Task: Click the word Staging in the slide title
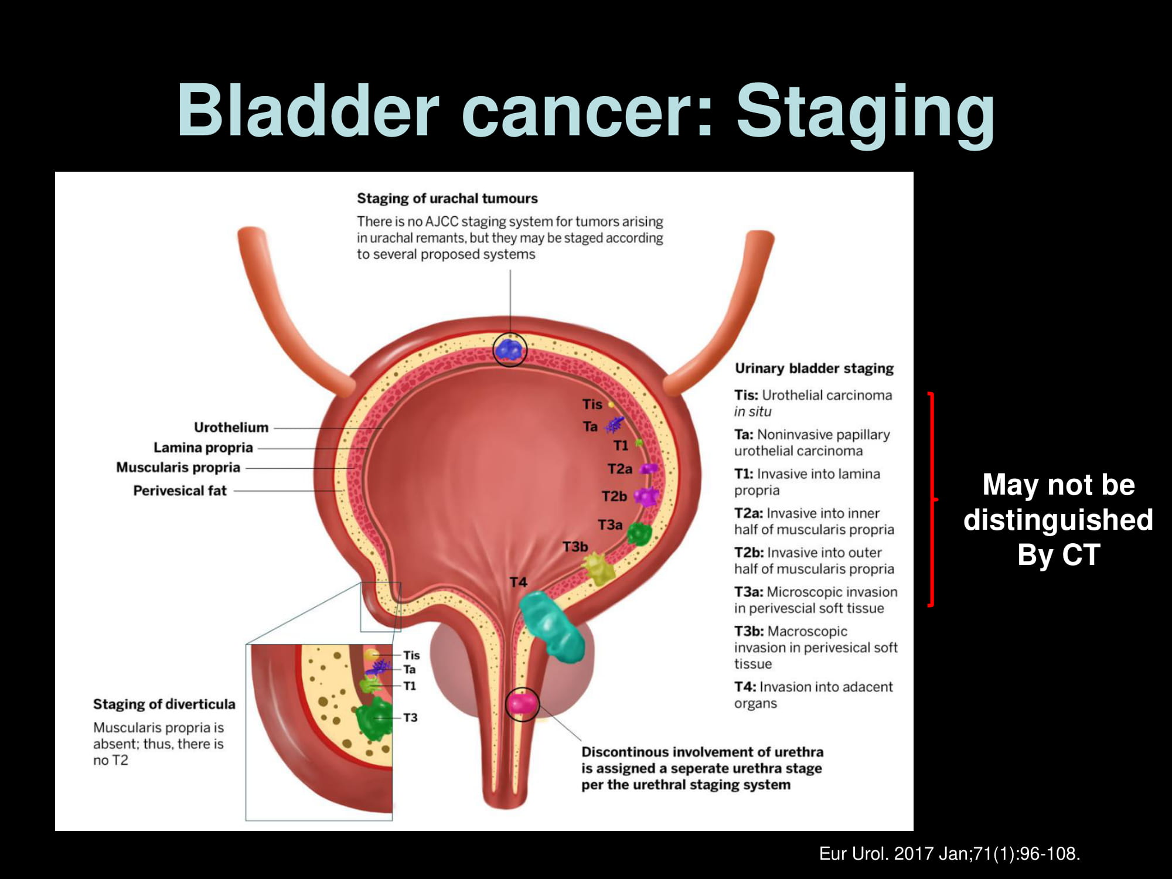(865, 114)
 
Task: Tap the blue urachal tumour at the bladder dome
(509, 349)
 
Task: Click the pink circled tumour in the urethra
(521, 704)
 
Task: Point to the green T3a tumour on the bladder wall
(639, 534)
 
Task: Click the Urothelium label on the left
(231, 427)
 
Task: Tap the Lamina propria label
(203, 448)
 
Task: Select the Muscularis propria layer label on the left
(178, 468)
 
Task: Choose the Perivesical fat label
(180, 490)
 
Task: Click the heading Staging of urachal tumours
(447, 199)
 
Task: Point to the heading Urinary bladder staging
(815, 369)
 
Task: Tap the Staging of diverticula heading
(164, 704)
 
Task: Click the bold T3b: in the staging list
(749, 631)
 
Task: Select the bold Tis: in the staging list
(746, 395)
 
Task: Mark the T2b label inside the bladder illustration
(614, 496)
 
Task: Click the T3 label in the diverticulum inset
(410, 717)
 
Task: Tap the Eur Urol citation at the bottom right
(949, 854)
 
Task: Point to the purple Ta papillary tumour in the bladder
(614, 424)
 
